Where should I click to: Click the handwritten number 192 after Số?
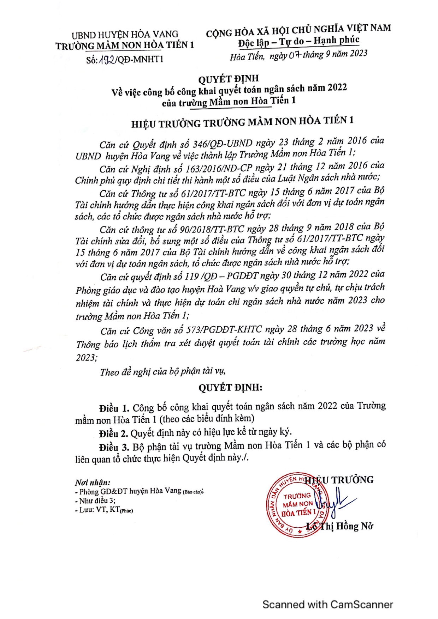tap(107, 60)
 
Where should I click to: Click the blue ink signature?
tap(336, 501)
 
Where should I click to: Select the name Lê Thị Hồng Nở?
tap(340, 526)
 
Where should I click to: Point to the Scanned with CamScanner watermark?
tap(327, 605)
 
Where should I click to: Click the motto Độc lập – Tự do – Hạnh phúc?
tap(298, 42)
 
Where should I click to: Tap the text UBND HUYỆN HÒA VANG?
tap(125, 35)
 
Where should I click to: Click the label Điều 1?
tap(114, 408)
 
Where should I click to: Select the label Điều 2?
tap(113, 433)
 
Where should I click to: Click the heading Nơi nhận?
tap(93, 482)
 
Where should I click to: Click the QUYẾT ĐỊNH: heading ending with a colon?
tap(230, 388)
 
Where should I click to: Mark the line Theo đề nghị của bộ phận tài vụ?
tap(163, 371)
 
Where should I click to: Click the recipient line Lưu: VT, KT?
tap(104, 510)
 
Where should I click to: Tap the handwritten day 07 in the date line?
tap(294, 55)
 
